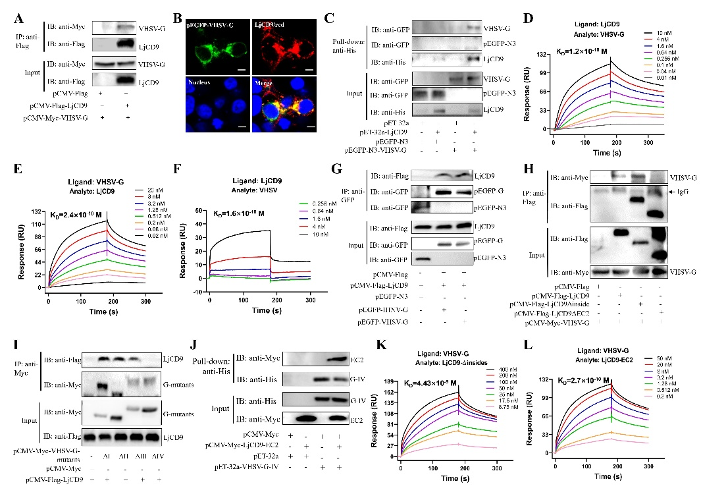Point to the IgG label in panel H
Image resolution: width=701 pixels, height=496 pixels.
[680, 192]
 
